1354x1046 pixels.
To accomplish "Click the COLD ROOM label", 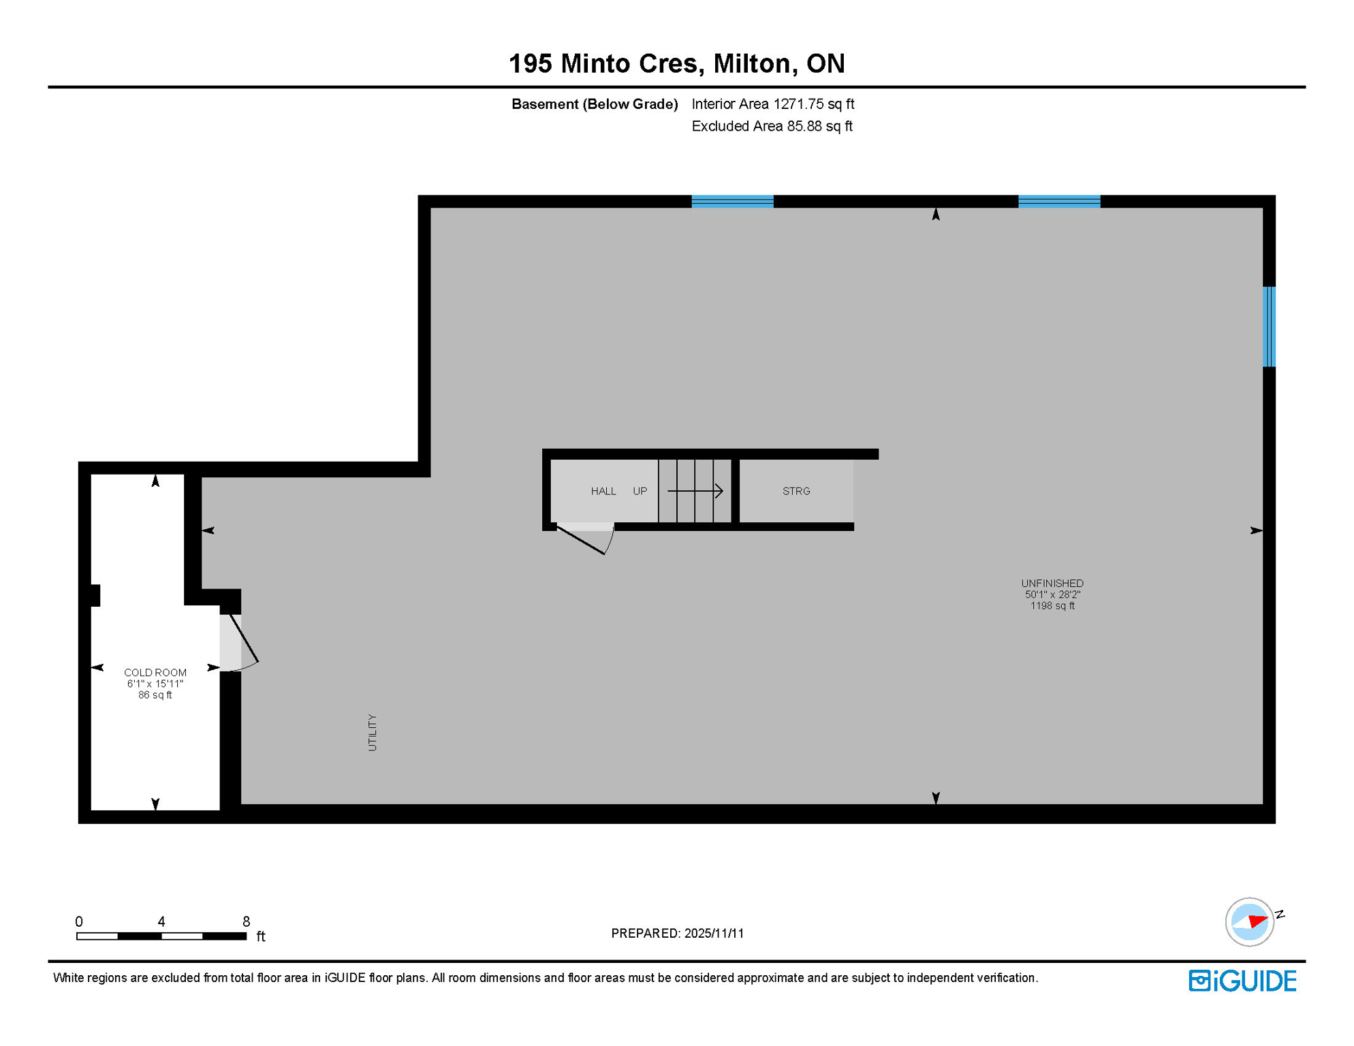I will tap(155, 672).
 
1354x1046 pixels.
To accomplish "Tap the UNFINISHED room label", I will tap(1052, 583).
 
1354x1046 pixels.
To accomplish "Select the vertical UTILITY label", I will tap(372, 732).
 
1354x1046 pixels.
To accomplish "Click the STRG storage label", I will tap(796, 491).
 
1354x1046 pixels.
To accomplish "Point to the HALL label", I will tap(603, 491).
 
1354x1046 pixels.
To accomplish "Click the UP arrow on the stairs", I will tap(695, 490).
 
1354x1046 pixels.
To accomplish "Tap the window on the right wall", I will tap(1268, 327).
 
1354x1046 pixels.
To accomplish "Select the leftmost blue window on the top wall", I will tap(732, 201).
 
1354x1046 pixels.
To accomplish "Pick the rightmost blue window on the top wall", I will tap(1058, 201).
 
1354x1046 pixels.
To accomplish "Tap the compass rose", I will tap(1249, 921).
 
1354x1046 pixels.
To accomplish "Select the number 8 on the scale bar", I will tap(246, 921).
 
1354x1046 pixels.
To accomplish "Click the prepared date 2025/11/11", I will tap(714, 933).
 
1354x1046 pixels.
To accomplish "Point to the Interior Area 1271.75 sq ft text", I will tap(772, 104).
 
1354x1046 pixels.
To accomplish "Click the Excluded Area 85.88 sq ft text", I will tap(772, 126).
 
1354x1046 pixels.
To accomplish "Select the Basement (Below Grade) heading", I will tap(594, 104).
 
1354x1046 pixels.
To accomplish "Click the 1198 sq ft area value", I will tap(1052, 605).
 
